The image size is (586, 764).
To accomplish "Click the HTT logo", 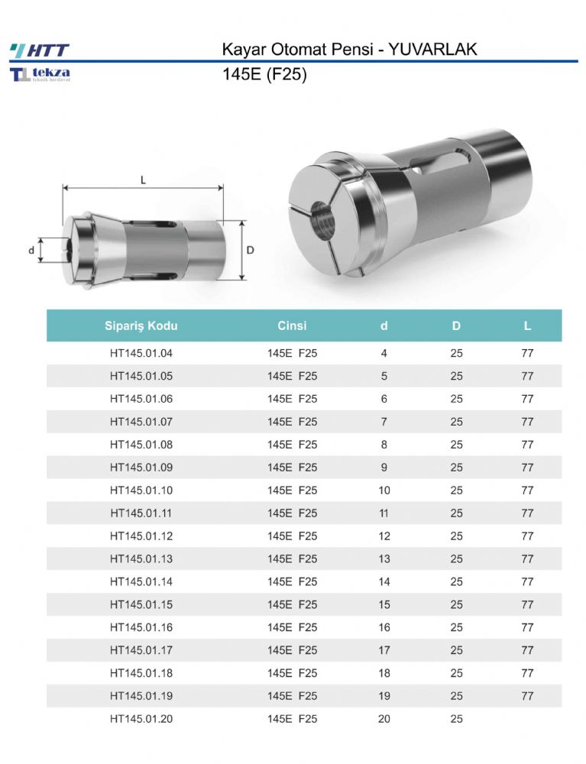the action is click(40, 50).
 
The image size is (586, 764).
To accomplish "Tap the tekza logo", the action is click(40, 74).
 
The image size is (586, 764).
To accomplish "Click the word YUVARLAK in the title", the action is click(432, 49).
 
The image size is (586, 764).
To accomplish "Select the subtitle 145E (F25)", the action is click(264, 75).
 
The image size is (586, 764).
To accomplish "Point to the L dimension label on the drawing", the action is click(143, 180).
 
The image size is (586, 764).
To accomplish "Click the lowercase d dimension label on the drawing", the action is click(31, 251).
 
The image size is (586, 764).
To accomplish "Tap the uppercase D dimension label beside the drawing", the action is click(251, 251).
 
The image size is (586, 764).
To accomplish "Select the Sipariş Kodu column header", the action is click(141, 325).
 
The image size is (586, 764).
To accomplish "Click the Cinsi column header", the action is click(293, 325).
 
